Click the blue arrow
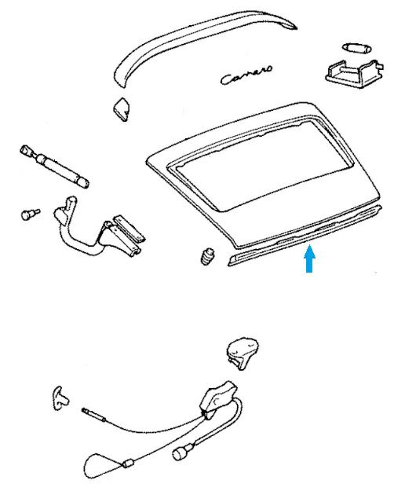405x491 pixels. (x=309, y=258)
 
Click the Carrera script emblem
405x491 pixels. (x=246, y=75)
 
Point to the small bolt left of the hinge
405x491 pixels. (x=30, y=214)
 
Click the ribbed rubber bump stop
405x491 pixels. (x=207, y=256)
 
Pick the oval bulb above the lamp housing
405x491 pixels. (x=356, y=48)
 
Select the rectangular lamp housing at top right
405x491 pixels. (x=354, y=73)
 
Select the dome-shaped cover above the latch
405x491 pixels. (x=243, y=354)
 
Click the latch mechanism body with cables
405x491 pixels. (x=217, y=400)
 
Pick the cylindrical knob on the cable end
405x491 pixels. (x=181, y=453)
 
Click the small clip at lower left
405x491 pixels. (x=60, y=398)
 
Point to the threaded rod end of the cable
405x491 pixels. (x=93, y=414)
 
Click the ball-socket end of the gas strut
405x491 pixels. (x=27, y=151)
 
